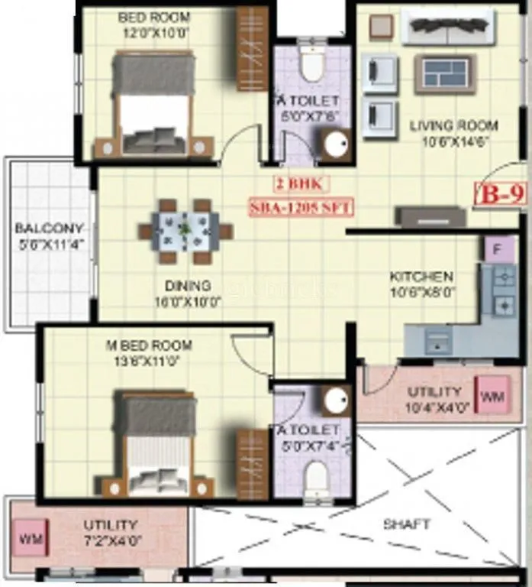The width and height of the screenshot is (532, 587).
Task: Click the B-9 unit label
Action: click(497, 194)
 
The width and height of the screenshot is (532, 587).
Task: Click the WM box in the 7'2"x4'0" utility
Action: click(29, 540)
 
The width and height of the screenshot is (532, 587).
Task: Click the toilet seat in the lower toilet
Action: click(315, 480)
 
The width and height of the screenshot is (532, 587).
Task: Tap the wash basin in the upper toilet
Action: click(334, 145)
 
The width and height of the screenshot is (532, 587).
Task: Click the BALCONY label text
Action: click(49, 229)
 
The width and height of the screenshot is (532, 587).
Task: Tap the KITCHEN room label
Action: click(421, 276)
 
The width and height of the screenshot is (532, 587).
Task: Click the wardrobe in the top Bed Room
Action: click(251, 49)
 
